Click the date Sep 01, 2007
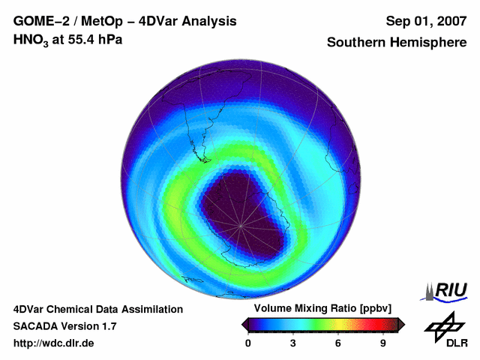click(425, 21)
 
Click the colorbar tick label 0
click(248, 343)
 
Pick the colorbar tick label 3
click(293, 343)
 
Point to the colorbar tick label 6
click(338, 343)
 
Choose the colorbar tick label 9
click(382, 343)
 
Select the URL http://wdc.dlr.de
click(54, 343)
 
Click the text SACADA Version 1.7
click(64, 326)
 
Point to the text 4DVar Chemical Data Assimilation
click(98, 309)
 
